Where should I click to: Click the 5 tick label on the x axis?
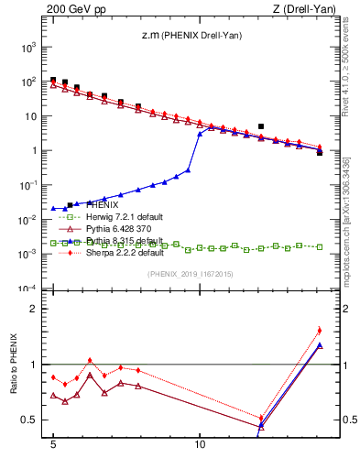click(x=53, y=452)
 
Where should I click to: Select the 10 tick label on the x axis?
click(x=200, y=452)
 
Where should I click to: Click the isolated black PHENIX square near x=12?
click(x=261, y=126)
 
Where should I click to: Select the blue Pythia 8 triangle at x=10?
click(x=200, y=134)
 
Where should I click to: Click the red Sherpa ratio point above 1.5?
click(x=319, y=330)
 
